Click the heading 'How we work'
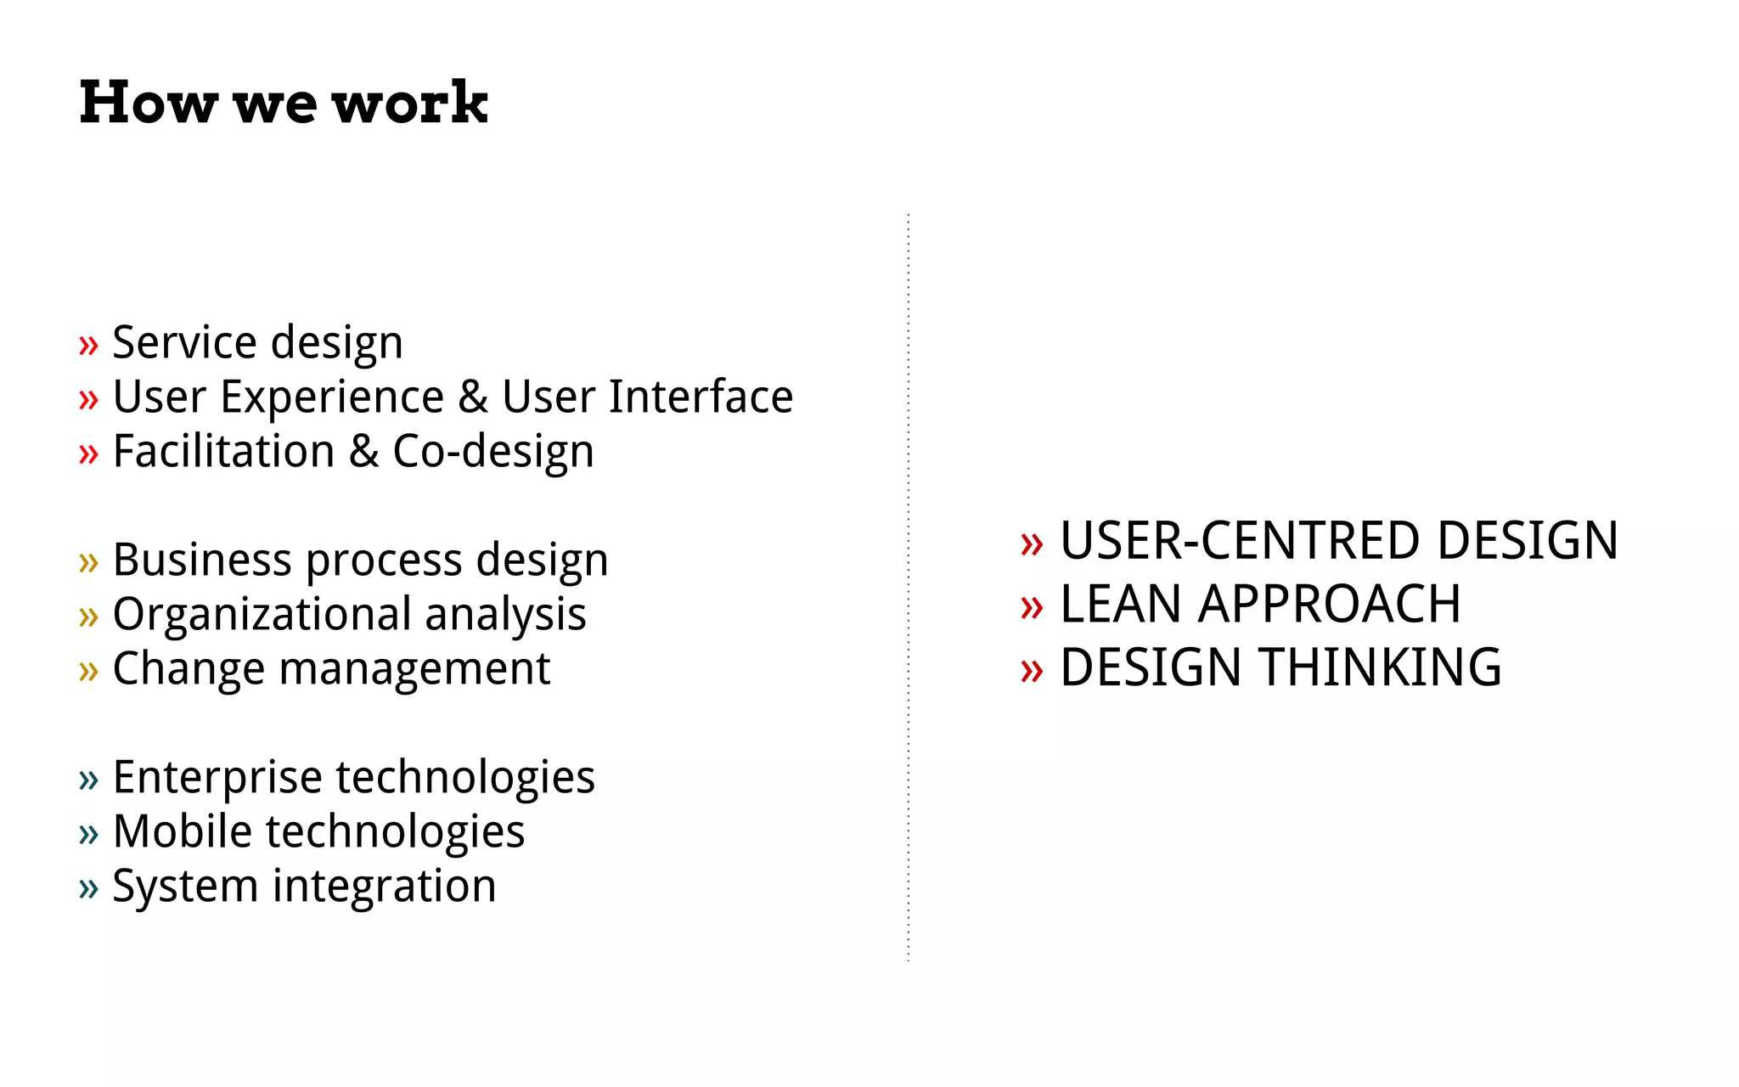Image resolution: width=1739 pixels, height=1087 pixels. pos(284,103)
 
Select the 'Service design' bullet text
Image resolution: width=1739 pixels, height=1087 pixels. pos(257,343)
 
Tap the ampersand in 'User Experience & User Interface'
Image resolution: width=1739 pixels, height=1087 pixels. pos(473,397)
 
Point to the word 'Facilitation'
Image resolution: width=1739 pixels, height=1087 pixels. pos(223,452)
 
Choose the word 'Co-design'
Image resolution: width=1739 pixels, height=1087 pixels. pos(492,452)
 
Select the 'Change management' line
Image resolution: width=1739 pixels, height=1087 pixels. pos(331,669)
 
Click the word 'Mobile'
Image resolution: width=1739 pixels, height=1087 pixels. pos(182,832)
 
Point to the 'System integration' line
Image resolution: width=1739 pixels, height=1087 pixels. pos(304,887)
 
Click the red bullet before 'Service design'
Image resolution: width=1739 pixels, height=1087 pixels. pos(88,346)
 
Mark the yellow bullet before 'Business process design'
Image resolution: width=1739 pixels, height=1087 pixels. pos(88,563)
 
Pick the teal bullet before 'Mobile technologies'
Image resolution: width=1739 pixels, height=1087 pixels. pos(88,835)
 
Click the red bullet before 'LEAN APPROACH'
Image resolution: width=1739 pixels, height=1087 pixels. pos(1032,607)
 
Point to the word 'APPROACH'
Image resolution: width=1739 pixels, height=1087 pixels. pos(1330,605)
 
